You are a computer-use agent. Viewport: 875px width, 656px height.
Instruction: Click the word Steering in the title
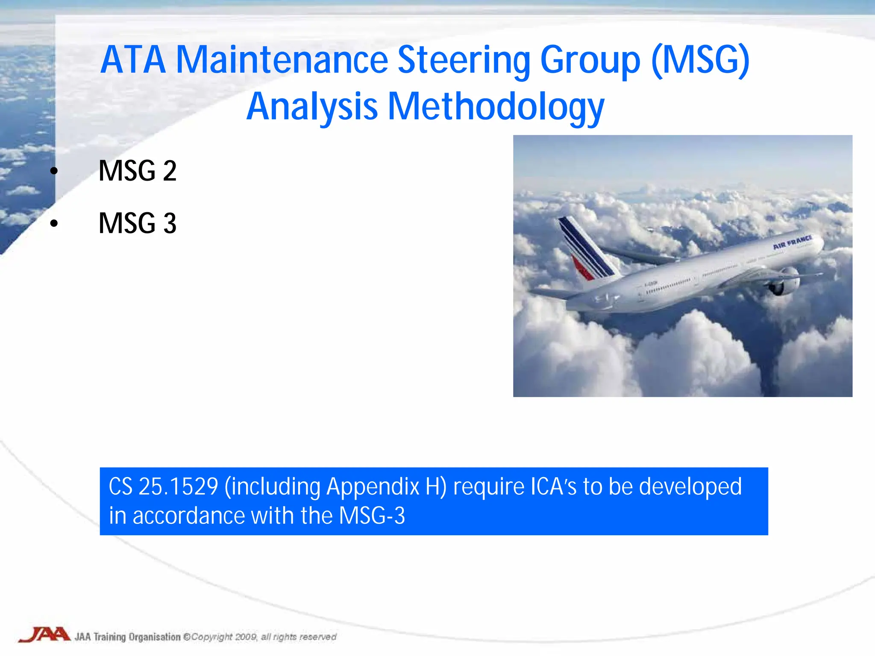464,61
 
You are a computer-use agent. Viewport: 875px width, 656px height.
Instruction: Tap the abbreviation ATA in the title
133,61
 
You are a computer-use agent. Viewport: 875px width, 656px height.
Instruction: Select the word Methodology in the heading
496,107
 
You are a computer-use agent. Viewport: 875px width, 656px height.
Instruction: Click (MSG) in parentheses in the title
701,61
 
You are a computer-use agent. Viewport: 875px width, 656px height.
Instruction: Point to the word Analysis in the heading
312,107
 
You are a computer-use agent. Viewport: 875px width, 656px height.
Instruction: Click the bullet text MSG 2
137,171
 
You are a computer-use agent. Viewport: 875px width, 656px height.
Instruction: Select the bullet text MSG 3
137,223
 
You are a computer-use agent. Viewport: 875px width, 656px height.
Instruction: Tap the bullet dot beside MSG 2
54,171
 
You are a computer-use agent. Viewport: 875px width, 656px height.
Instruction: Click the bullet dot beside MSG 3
54,223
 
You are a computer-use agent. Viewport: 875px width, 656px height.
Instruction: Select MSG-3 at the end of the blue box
372,516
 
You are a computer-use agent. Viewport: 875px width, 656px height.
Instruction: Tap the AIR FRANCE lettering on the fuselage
792,242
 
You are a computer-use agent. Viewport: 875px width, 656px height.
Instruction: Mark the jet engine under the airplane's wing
784,282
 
